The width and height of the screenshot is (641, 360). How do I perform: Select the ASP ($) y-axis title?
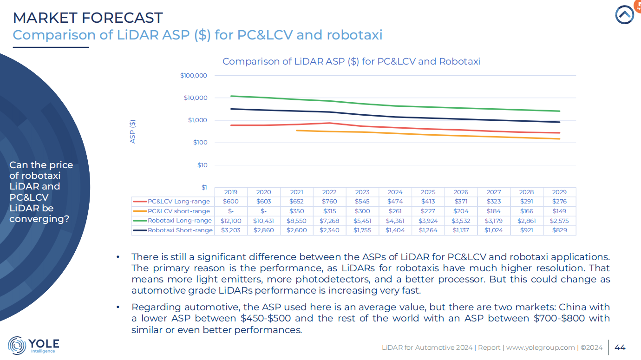(x=133, y=131)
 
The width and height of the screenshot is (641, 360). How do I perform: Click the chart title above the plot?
(x=351, y=61)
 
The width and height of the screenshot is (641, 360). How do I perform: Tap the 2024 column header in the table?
(x=395, y=192)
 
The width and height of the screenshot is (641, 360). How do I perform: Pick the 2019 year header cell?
(x=231, y=192)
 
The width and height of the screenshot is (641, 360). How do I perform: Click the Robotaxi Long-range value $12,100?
(x=231, y=221)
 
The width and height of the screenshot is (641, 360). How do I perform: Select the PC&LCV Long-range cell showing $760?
(x=329, y=202)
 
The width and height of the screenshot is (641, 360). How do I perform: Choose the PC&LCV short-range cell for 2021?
(x=296, y=211)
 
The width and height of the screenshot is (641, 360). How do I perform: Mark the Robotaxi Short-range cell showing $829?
(x=560, y=230)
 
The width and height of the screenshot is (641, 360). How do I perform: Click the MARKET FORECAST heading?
(x=88, y=18)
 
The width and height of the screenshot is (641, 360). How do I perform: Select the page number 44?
(x=620, y=347)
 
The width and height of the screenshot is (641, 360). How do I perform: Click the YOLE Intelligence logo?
(x=33, y=345)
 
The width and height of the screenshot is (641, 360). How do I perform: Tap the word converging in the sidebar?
(x=39, y=218)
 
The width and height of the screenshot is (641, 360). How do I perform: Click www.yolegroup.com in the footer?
(x=541, y=347)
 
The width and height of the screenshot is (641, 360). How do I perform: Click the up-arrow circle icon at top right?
(x=625, y=15)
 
